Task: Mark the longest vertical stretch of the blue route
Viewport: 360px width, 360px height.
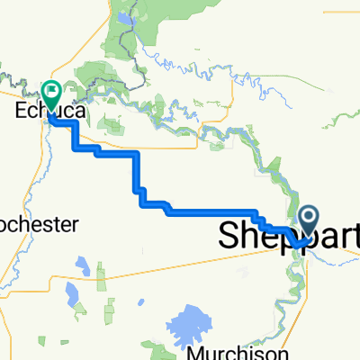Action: coord(138,171)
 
